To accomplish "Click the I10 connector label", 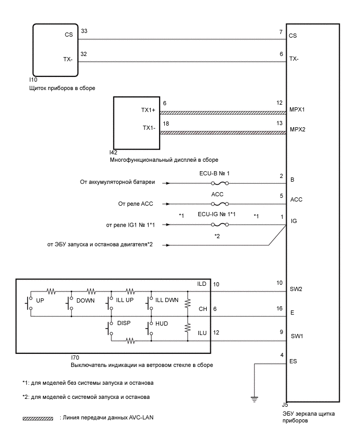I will pyautogui.click(x=34, y=80).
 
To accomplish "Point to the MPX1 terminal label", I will pyautogui.click(x=297, y=111).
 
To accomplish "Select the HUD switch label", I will pyautogui.click(x=161, y=324).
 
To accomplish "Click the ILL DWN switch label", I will pyautogui.click(x=167, y=301).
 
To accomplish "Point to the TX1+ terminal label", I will pyautogui.click(x=149, y=111).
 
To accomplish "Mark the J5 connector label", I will pyautogui.click(x=285, y=405).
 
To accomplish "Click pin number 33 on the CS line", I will pyautogui.click(x=84, y=31).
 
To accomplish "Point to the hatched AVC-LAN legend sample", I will pyautogui.click(x=38, y=419).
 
